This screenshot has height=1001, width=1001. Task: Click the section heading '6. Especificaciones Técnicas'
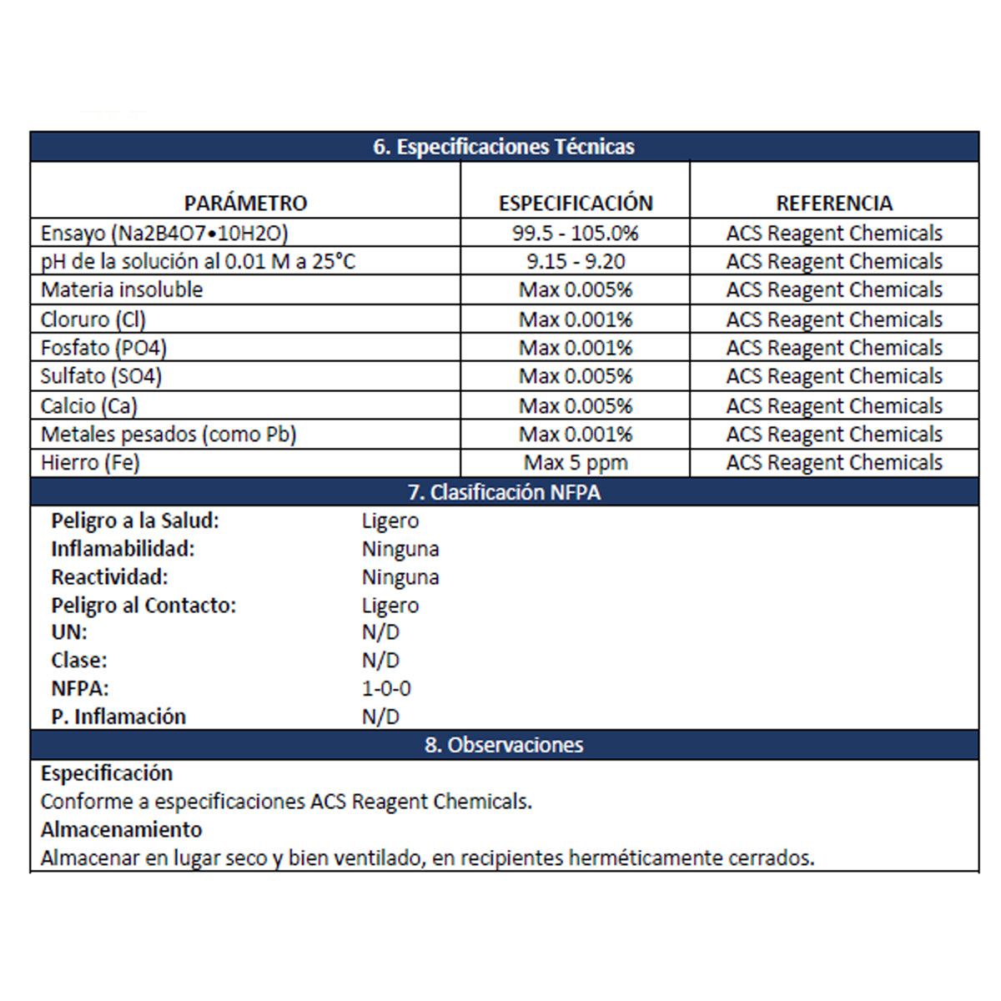pos(504,147)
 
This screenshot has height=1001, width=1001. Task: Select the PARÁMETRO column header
pos(245,203)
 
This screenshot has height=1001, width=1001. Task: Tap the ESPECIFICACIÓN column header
pos(576,203)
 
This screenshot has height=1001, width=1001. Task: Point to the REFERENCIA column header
pos(834,203)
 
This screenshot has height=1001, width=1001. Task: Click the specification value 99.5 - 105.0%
pos(576,233)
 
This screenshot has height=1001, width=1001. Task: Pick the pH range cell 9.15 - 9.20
pos(576,261)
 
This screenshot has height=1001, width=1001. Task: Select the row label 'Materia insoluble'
pos(122,289)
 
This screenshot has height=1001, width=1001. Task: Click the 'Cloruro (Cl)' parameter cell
pos(93,319)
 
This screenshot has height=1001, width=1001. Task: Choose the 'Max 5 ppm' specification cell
pos(576,462)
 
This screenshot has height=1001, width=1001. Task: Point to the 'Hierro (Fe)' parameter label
pos(90,462)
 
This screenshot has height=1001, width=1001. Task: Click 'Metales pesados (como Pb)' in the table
pos(169,434)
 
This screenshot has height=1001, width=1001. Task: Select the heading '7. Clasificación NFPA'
pos(504,492)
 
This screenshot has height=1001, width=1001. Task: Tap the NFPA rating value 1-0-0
pos(386,688)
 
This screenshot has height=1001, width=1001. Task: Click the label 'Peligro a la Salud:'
pos(135,521)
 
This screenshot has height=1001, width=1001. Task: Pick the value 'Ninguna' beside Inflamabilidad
pos(400,549)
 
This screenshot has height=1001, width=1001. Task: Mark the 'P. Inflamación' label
pos(118,717)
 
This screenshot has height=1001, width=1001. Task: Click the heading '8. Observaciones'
pos(504,745)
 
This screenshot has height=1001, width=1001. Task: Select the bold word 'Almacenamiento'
pos(122,829)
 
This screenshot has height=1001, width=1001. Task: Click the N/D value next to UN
pos(380,632)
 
